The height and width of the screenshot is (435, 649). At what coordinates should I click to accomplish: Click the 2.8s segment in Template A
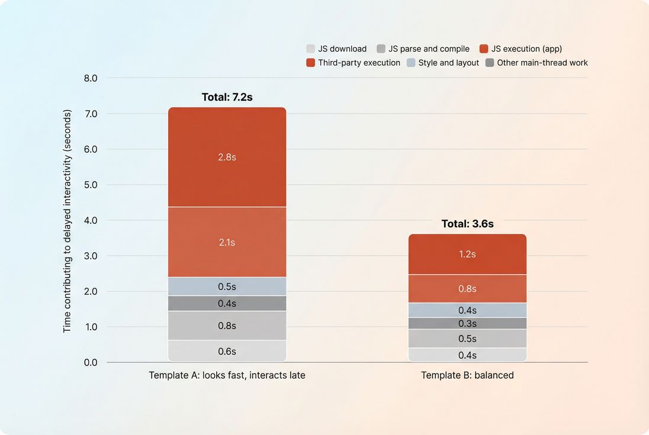pyautogui.click(x=227, y=157)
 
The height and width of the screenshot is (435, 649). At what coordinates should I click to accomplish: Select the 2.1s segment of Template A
pyautogui.click(x=227, y=242)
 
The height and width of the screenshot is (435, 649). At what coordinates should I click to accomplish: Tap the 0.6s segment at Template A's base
pyautogui.click(x=227, y=351)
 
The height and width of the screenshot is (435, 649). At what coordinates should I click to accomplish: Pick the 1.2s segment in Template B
pyautogui.click(x=467, y=254)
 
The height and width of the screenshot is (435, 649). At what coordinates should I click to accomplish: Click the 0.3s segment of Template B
pyautogui.click(x=467, y=324)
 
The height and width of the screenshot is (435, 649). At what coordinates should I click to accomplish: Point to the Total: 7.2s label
pyautogui.click(x=227, y=97)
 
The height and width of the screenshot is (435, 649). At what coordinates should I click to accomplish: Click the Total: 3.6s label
pyautogui.click(x=467, y=224)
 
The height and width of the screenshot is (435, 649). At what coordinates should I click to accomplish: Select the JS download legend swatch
pyautogui.click(x=311, y=49)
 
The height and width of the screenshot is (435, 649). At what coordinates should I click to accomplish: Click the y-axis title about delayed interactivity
pyautogui.click(x=67, y=220)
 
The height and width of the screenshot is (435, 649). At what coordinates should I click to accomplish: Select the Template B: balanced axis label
pyautogui.click(x=467, y=375)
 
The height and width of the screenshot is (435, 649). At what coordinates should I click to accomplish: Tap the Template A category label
pyautogui.click(x=227, y=375)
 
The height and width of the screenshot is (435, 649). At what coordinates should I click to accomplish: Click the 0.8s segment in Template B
pyautogui.click(x=467, y=289)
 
